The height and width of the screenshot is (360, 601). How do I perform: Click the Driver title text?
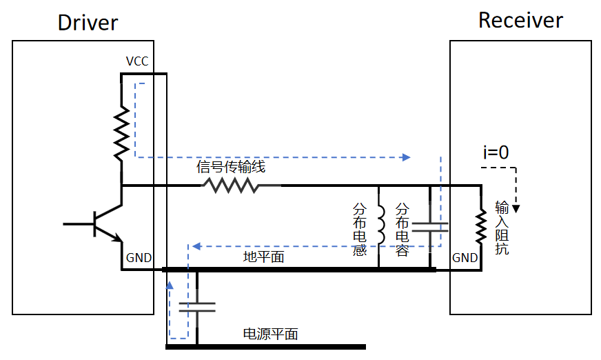click(88, 22)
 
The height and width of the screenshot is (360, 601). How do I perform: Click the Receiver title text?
click(520, 20)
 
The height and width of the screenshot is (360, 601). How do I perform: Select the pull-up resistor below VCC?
click(121, 132)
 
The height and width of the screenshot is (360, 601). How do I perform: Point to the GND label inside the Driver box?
click(139, 259)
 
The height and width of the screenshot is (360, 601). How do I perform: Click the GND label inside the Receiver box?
click(465, 258)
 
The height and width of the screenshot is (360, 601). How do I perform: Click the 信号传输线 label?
click(231, 168)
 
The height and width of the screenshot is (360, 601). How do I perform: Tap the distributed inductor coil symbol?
click(380, 226)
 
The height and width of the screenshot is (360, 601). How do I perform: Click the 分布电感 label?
click(360, 229)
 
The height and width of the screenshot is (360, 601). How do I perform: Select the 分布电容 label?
click(403, 229)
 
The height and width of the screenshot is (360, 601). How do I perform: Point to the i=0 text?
click(496, 152)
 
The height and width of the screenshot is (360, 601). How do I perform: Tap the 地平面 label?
click(264, 257)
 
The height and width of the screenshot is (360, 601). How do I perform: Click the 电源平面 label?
click(271, 334)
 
